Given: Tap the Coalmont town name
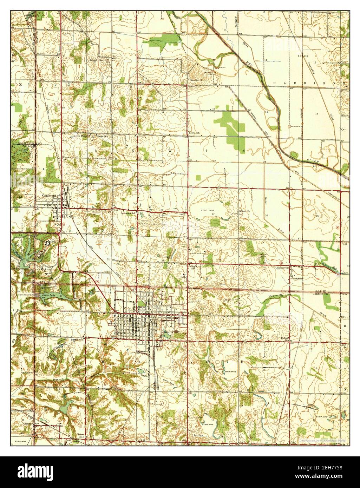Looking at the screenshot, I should click(49, 195).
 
